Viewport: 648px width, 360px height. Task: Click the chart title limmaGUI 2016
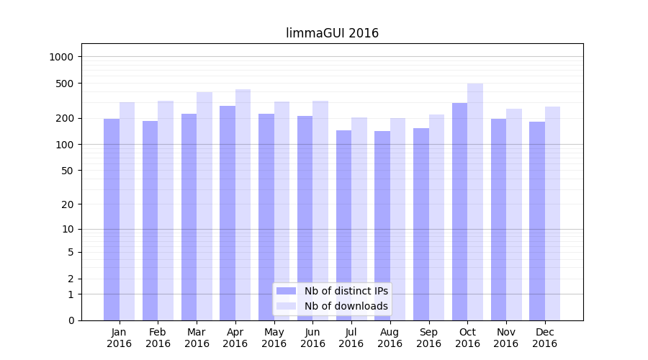pos(332,33)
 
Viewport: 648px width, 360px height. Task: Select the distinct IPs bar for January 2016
pos(112,220)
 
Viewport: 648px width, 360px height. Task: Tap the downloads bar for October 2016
pos(475,202)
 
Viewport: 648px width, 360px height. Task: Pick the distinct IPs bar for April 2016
pos(228,213)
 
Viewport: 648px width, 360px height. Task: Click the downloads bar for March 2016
pos(204,206)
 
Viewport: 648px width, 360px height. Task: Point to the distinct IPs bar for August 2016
pos(382,225)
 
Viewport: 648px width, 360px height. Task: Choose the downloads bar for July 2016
pos(359,219)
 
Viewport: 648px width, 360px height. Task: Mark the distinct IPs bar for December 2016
pos(537,221)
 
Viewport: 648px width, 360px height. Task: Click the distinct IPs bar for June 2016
pos(305,218)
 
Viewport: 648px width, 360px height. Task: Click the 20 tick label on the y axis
pos(68,204)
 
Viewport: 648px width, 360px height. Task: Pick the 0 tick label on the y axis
pos(71,320)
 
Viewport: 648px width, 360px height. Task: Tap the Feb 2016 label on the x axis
pos(158,338)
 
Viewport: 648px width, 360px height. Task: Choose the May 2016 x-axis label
pos(274,338)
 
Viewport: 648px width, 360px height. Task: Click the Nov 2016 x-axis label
pos(506,338)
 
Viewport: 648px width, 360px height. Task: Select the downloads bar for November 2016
pos(514,215)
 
